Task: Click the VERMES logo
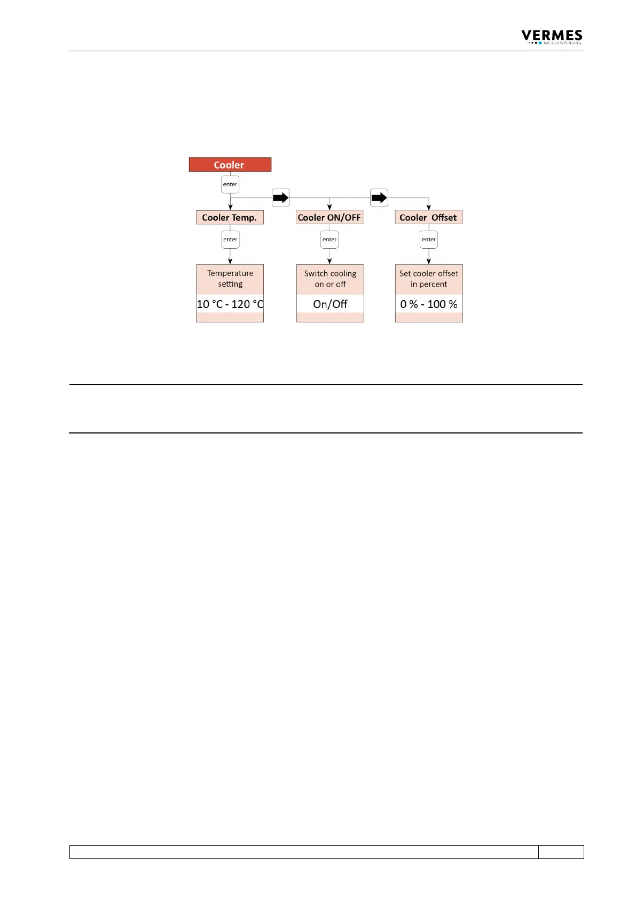click(552, 37)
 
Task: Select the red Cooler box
click(230, 164)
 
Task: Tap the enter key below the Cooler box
click(230, 184)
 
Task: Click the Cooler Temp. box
click(230, 217)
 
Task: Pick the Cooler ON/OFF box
click(329, 217)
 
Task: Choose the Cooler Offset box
click(428, 217)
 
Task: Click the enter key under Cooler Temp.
click(230, 239)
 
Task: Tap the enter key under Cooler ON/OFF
click(329, 239)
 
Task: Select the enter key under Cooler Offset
click(428, 239)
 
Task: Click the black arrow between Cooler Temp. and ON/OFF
click(281, 198)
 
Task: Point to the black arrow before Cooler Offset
click(379, 198)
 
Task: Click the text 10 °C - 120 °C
click(230, 304)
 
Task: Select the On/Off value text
click(330, 304)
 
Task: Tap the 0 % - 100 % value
click(429, 304)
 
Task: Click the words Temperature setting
click(230, 279)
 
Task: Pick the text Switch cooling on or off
click(330, 279)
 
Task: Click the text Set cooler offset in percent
click(429, 279)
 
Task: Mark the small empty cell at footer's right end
click(561, 851)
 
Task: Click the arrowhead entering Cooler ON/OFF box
click(329, 207)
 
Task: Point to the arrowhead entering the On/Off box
click(329, 261)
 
